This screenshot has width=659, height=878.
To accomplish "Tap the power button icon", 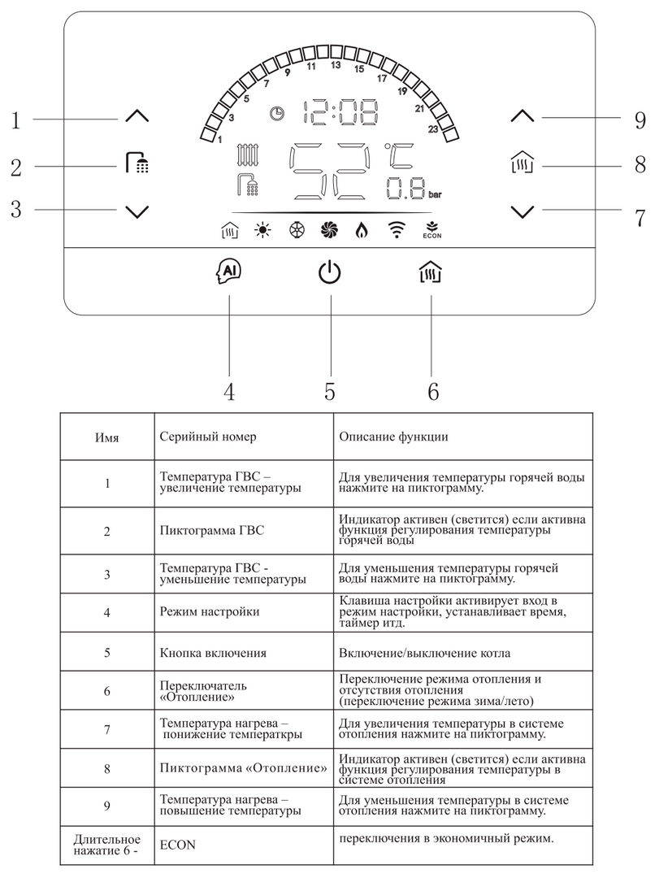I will coord(329,274).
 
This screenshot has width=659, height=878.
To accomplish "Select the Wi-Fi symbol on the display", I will coord(397,230).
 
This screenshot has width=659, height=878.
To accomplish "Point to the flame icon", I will coord(361,230).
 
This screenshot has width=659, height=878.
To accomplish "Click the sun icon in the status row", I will coord(262,230).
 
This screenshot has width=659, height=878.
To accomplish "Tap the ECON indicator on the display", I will coord(431,230).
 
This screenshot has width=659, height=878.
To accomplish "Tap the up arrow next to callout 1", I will coord(138,117).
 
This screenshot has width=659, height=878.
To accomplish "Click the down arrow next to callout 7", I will coord(523,211).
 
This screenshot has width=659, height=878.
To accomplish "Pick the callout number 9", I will coord(639,121).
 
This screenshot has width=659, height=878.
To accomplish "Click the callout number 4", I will coord(229,391).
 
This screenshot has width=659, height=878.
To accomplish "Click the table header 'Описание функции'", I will coord(393,437).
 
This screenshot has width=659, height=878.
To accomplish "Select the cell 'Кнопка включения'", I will coord(213,653).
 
